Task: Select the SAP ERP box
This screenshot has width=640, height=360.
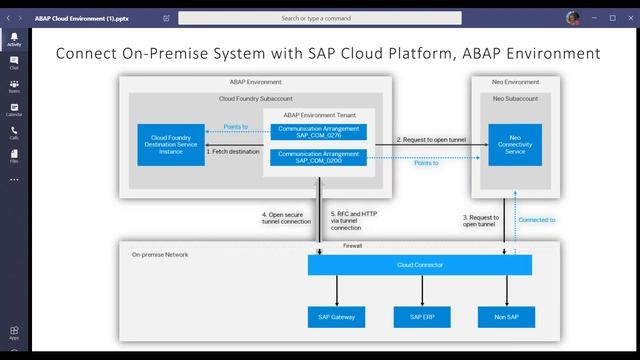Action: (421, 317)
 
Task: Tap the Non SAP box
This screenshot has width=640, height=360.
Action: (506, 317)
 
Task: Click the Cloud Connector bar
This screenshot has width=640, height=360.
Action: (420, 265)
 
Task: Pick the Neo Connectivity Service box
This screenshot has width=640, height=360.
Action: (514, 145)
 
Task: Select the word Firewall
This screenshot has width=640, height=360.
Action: (353, 244)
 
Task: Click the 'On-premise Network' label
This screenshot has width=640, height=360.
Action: (160, 255)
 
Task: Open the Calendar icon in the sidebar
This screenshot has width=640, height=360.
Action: (14, 107)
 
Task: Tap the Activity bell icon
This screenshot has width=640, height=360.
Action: (14, 38)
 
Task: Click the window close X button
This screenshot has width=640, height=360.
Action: (630, 17)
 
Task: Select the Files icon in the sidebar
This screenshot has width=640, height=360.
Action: (14, 155)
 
